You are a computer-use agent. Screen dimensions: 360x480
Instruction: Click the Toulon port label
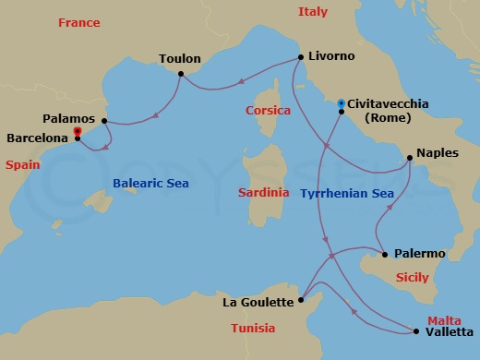tap(180, 58)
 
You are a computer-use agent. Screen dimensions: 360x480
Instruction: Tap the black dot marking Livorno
tap(302, 57)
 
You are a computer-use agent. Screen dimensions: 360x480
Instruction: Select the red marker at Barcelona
tap(77, 132)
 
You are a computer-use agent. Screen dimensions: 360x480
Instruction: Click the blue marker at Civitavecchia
tap(342, 102)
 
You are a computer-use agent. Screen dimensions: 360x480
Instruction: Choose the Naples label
tap(438, 153)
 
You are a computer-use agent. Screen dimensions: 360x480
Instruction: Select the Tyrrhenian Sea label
tap(347, 194)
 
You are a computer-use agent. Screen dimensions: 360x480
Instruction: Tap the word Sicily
tap(413, 276)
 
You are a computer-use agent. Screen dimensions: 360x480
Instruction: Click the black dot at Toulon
tap(180, 74)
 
